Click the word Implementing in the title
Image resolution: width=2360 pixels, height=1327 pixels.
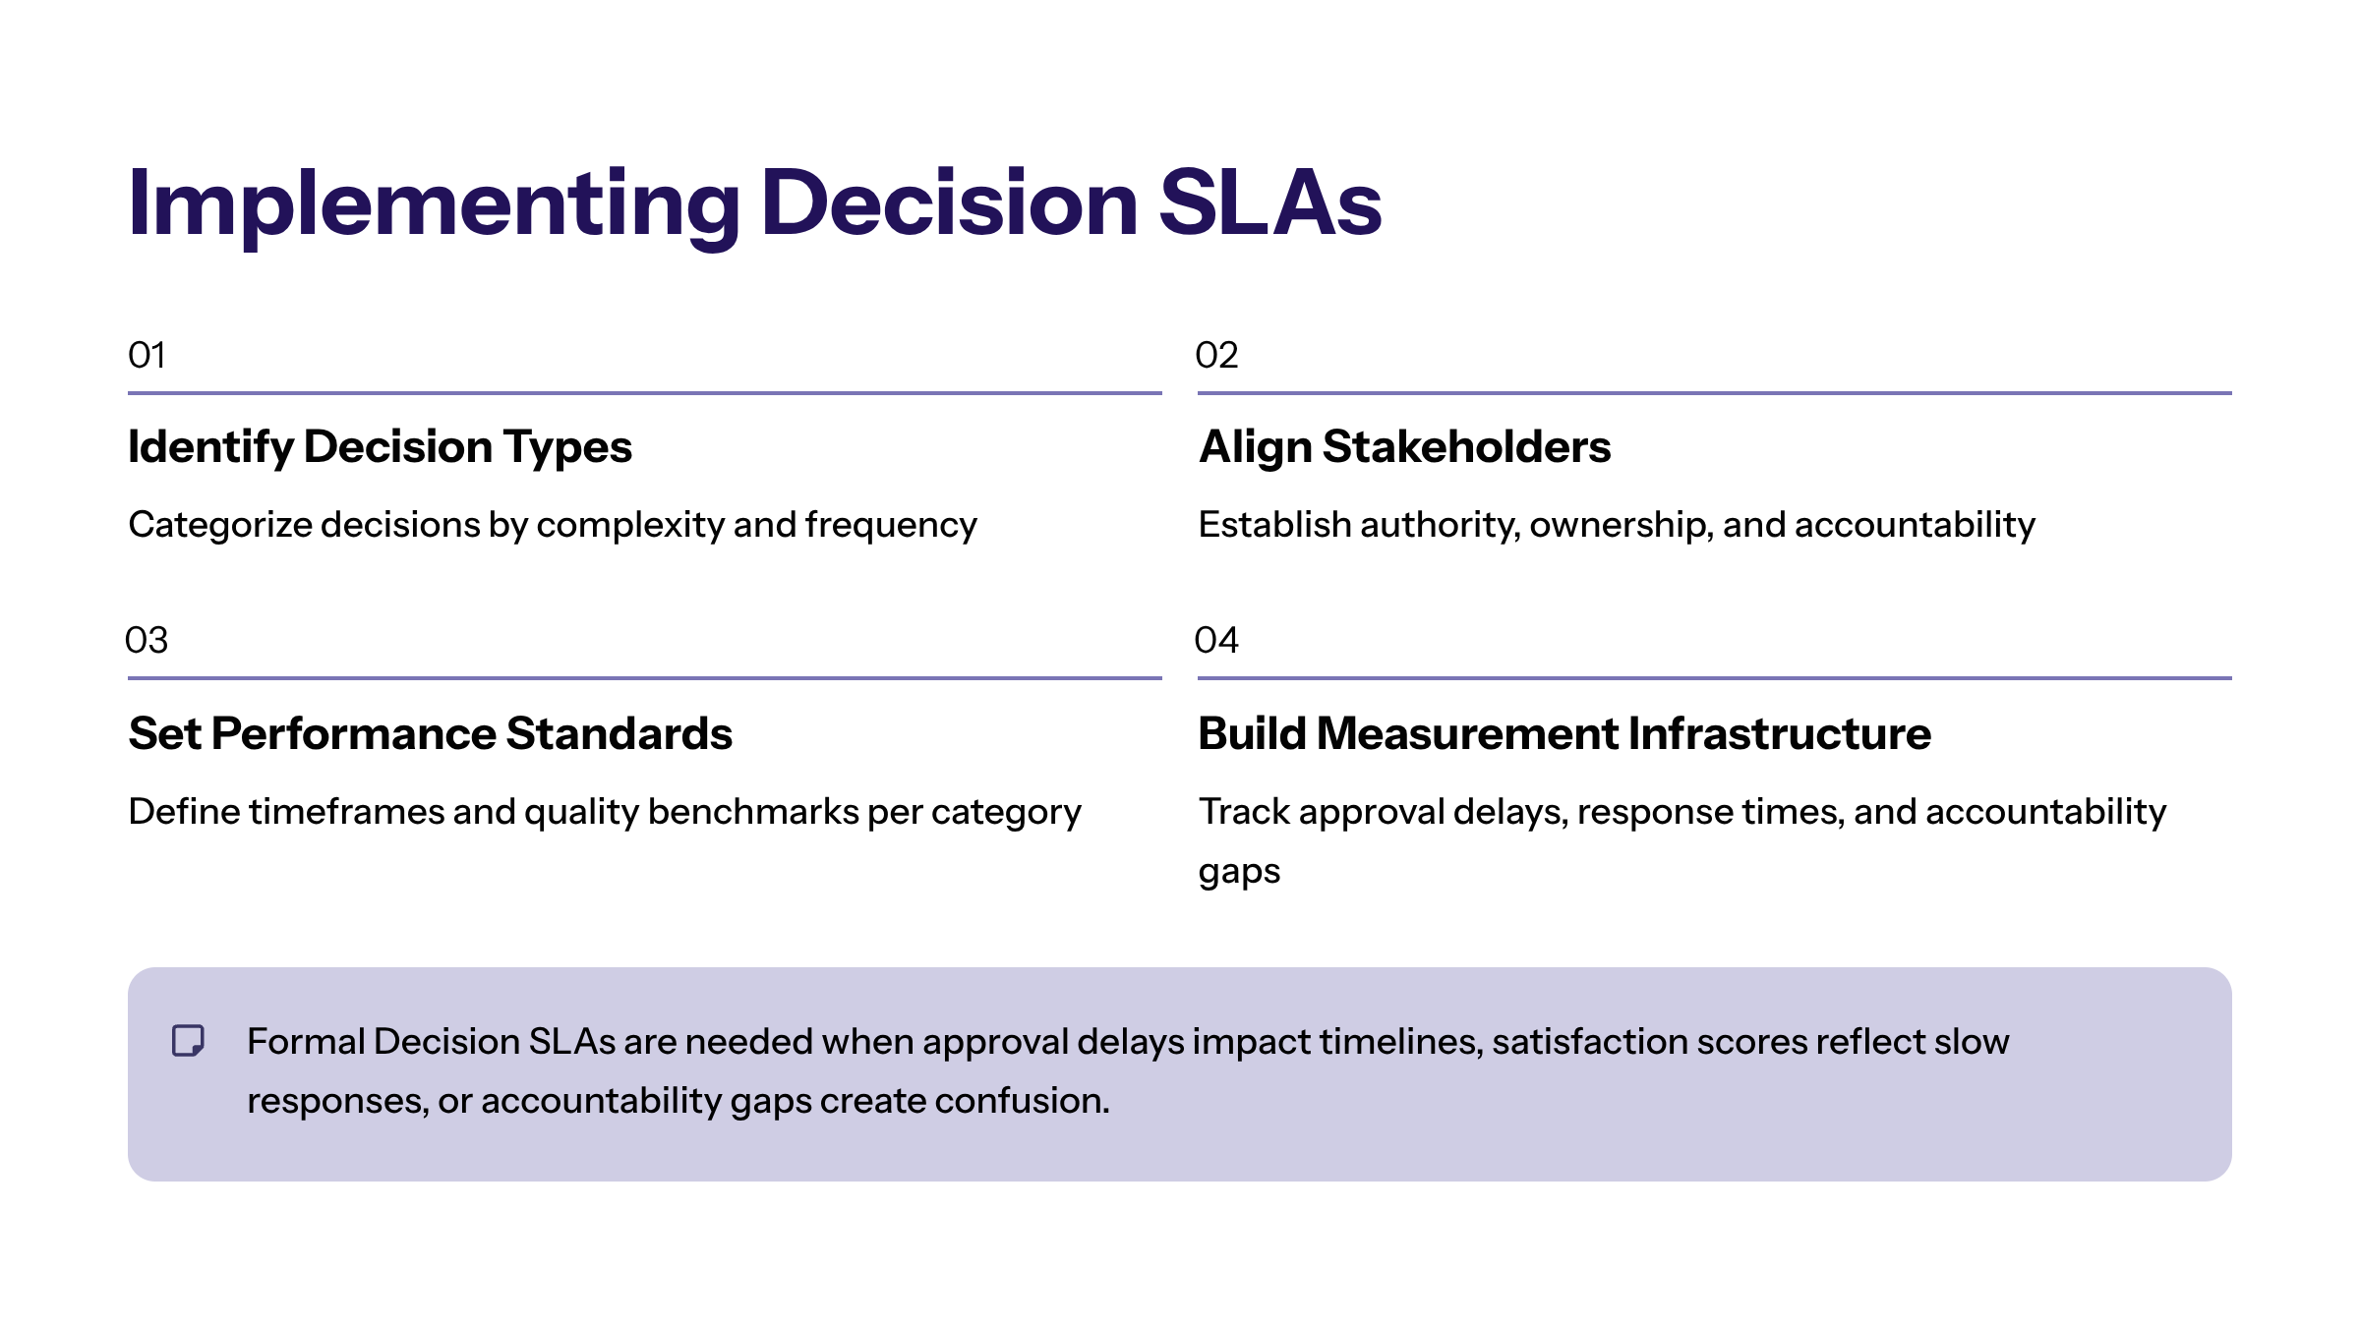tap(434, 204)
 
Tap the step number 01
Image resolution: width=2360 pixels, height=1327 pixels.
tap(147, 355)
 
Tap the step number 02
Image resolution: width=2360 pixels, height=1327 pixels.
tap(1216, 355)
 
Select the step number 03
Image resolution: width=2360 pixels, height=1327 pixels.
tap(147, 640)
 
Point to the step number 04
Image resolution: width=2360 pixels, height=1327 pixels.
tap(1216, 640)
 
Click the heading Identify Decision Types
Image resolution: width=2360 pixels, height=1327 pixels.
tap(380, 448)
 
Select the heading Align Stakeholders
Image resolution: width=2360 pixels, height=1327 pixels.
tap(1404, 448)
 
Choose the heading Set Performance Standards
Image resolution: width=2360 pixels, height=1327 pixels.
tap(431, 733)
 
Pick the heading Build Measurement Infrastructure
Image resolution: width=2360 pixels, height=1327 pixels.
tap(1564, 733)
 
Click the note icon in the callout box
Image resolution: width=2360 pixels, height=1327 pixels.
tap(188, 1040)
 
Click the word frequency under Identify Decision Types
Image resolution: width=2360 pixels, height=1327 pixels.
tap(891, 526)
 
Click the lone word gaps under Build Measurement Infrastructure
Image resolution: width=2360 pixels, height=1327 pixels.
tap(1239, 873)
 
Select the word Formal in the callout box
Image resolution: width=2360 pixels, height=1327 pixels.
tap(306, 1041)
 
